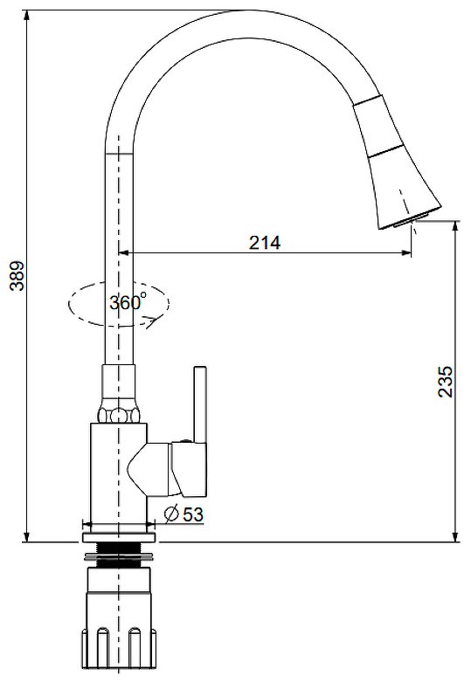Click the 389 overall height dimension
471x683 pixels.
point(17,276)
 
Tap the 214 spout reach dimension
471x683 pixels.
point(265,243)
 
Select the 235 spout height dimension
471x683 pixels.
point(445,381)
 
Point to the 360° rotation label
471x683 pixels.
point(128,302)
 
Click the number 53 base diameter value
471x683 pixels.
point(193,514)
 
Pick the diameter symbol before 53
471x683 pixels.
point(171,514)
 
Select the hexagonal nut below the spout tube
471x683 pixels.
point(119,414)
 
